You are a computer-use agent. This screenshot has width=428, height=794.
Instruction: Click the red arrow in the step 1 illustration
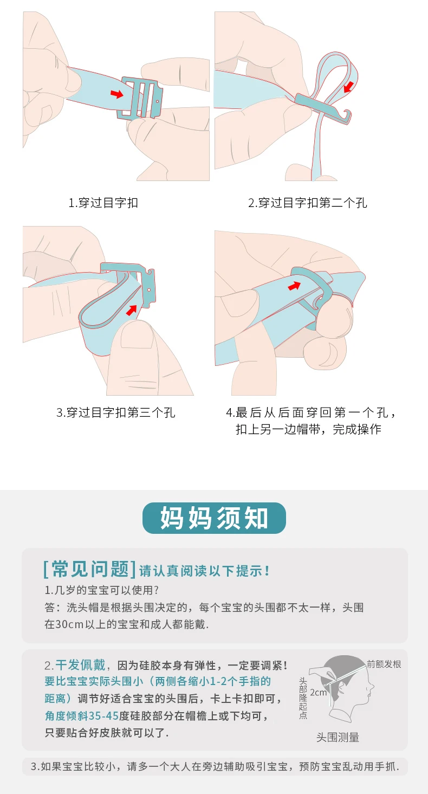coord(116,94)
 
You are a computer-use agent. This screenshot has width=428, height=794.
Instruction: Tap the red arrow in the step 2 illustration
coord(349,86)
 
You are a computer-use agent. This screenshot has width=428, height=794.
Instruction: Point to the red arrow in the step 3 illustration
coord(132,309)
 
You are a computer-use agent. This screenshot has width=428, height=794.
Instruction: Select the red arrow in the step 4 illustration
coord(294,285)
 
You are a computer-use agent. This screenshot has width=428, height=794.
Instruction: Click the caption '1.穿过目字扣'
coord(103,203)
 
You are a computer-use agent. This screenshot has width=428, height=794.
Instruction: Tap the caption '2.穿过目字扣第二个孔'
coord(308,203)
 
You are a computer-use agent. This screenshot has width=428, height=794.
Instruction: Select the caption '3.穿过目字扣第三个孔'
coord(115,412)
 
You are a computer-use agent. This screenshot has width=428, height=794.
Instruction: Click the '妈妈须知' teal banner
coord(214,518)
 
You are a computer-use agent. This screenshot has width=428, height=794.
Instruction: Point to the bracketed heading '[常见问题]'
coord(89,569)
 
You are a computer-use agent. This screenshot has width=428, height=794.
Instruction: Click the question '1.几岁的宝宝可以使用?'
coord(101,590)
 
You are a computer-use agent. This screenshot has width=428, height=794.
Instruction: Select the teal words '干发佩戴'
coord(80,665)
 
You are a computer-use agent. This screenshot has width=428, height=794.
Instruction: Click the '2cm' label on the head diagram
coord(318,692)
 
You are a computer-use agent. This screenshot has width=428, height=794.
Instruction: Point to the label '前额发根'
coord(384,664)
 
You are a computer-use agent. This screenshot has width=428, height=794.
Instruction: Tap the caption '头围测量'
coord(338,737)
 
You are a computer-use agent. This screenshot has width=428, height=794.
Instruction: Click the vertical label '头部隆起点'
coord(303,698)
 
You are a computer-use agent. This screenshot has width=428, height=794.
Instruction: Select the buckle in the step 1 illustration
coord(141,97)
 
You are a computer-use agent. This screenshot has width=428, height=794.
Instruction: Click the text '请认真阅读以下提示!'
coord(204,571)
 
